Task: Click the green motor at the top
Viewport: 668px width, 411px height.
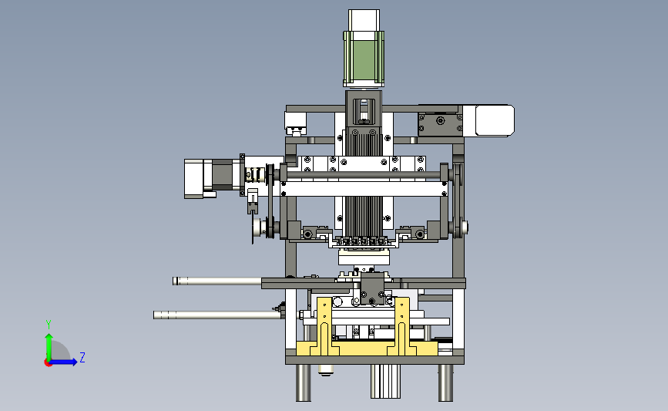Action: click(364, 58)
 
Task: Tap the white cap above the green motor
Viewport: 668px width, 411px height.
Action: click(364, 20)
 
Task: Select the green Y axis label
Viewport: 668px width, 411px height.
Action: click(49, 325)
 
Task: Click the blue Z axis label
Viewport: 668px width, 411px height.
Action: click(82, 357)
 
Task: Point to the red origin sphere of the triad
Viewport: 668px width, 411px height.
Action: click(48, 363)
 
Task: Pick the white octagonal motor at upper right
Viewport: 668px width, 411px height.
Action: click(494, 121)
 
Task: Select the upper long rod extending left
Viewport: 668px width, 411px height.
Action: click(217, 281)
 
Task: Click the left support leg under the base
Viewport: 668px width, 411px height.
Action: click(304, 382)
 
